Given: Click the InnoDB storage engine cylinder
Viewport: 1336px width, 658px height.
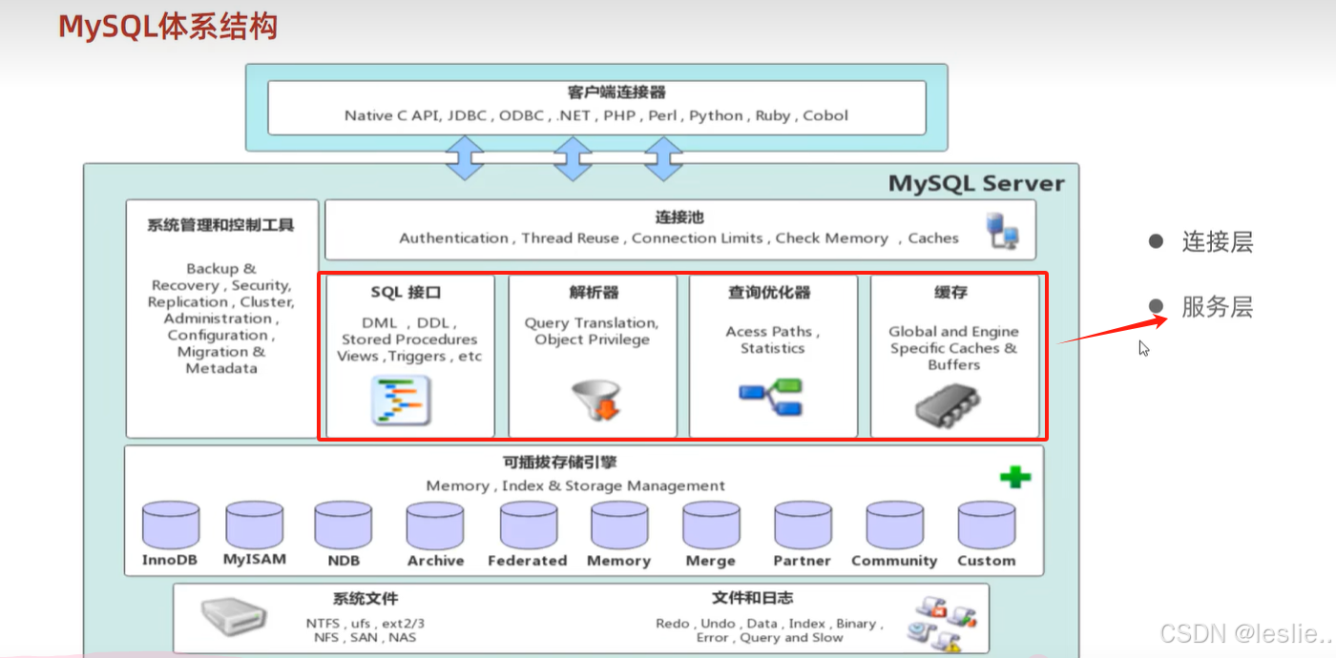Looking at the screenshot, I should [171, 525].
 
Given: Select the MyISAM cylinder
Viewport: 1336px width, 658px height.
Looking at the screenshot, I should [254, 524].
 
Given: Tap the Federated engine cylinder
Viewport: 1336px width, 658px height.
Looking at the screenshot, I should [528, 525].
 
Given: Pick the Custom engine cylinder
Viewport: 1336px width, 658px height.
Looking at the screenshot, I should [986, 525].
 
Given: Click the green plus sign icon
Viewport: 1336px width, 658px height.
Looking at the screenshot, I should [1014, 476].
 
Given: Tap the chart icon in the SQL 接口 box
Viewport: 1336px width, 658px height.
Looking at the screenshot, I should [401, 401].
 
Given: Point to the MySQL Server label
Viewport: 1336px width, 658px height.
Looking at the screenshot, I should [976, 183].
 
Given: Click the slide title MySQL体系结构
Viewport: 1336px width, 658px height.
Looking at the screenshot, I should [168, 27].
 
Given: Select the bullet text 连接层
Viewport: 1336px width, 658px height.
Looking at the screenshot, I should [1217, 242].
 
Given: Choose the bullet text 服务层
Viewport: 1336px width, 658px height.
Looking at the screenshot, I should [1217, 307].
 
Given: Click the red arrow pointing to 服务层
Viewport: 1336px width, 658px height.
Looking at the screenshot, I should [1112, 329].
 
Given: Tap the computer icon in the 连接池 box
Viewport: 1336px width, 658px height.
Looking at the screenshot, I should [1001, 231].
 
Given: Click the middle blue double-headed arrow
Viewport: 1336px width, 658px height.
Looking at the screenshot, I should [573, 158].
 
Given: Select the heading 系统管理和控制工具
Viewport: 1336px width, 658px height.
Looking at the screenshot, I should [220, 226].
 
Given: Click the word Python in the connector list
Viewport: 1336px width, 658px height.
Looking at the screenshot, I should [716, 115].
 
